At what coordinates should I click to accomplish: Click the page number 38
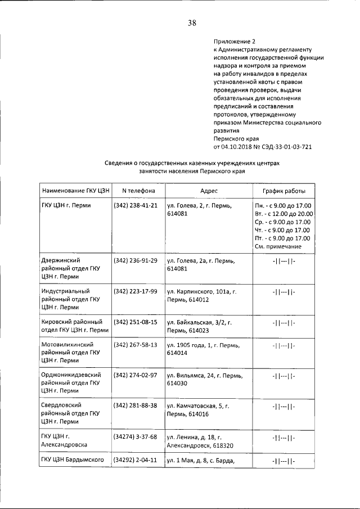pyautogui.click(x=192, y=23)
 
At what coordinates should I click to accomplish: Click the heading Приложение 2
pyautogui.click(x=235, y=41)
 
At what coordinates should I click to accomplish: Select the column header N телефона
pyautogui.click(x=135, y=191)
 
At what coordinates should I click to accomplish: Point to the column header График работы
pyautogui.click(x=283, y=191)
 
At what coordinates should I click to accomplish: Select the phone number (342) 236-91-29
pyautogui.click(x=135, y=260)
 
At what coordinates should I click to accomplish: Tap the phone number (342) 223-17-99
pyautogui.click(x=135, y=291)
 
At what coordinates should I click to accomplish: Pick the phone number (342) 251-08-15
pyautogui.click(x=135, y=322)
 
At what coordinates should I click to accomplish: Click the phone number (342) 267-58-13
pyautogui.click(x=135, y=344)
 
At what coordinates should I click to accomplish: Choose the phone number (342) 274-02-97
pyautogui.click(x=135, y=374)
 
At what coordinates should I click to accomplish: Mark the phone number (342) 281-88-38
pyautogui.click(x=135, y=405)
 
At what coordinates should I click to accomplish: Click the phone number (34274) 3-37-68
pyautogui.click(x=135, y=436)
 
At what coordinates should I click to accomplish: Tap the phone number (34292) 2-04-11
pyautogui.click(x=135, y=461)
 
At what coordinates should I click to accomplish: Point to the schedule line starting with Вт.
pyautogui.click(x=283, y=214)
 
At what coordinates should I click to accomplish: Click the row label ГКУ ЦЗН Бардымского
pyautogui.click(x=73, y=461)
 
